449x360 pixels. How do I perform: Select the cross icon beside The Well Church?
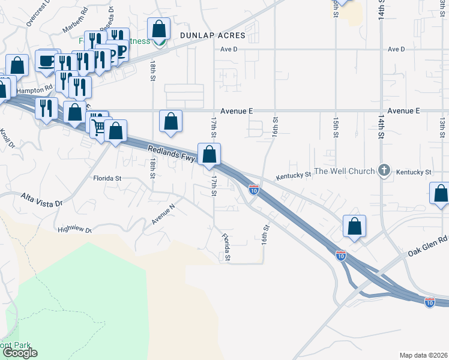click(x=384, y=171)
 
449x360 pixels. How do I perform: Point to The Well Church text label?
click(x=345, y=172)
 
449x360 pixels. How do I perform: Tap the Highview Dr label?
click(x=74, y=229)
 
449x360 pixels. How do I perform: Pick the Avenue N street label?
click(x=163, y=214)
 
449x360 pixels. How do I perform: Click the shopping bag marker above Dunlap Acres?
click(x=158, y=29)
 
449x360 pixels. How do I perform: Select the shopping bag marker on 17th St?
click(x=209, y=154)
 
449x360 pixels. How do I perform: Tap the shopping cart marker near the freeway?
click(x=98, y=125)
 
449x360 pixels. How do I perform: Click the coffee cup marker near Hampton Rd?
click(x=46, y=60)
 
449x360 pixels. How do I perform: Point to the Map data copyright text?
click(x=423, y=355)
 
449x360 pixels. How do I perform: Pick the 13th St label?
click(x=442, y=127)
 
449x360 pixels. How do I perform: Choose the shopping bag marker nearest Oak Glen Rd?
click(x=355, y=226)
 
